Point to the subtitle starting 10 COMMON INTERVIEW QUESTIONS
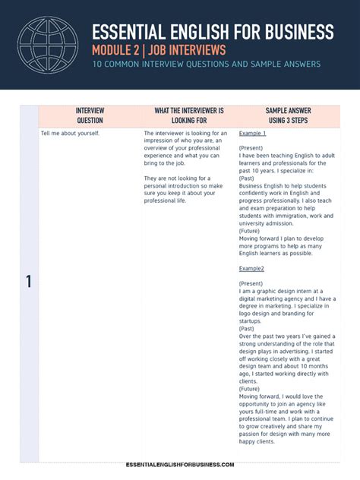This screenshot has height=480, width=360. click(x=207, y=64)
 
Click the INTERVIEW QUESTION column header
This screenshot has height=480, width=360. click(x=90, y=115)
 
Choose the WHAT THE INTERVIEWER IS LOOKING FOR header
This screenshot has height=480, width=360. click(x=189, y=115)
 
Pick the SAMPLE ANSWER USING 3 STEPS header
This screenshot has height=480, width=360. click(x=288, y=115)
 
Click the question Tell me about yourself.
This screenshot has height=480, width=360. click(x=70, y=134)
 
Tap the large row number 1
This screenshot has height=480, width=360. click(x=29, y=282)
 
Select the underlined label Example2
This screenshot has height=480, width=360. click(x=251, y=268)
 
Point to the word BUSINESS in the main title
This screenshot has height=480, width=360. click(x=296, y=31)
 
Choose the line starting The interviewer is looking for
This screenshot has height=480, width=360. click(x=185, y=134)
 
